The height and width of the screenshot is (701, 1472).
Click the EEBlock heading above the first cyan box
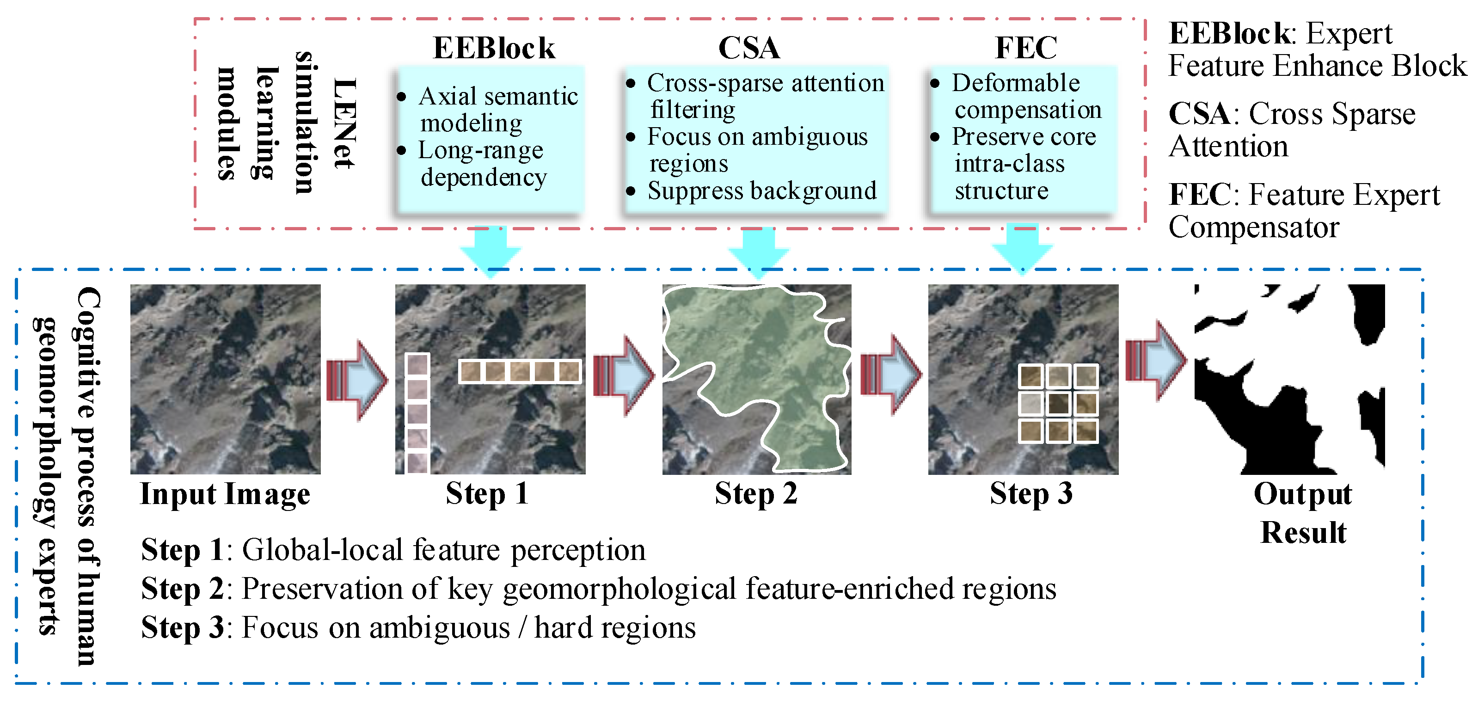(x=494, y=48)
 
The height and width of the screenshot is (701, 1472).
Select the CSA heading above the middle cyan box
(x=748, y=48)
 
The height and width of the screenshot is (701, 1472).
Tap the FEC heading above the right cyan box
(x=1026, y=48)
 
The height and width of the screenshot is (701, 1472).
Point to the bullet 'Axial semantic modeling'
(x=497, y=109)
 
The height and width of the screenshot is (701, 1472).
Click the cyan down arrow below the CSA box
(x=758, y=252)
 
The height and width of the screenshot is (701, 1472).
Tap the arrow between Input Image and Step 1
(x=357, y=380)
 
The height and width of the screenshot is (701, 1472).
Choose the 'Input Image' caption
(x=225, y=494)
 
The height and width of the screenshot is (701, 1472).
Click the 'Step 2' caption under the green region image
(x=755, y=494)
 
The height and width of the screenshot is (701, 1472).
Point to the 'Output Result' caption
(x=1303, y=512)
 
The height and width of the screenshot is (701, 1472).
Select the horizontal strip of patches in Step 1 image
(x=520, y=371)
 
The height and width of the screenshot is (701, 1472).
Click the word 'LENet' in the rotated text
(x=344, y=123)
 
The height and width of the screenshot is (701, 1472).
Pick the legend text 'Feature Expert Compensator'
(x=1303, y=211)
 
